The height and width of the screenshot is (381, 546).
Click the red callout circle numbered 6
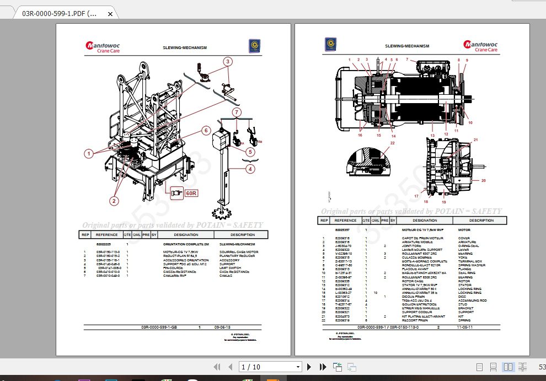point(205,131)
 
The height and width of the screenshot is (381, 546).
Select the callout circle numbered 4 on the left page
point(250,169)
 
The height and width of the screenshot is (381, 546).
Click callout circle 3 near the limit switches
point(227,62)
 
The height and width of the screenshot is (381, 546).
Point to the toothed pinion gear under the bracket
point(222,212)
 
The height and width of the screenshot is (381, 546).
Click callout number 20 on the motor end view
point(484,180)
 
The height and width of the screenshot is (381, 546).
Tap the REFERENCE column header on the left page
point(106,234)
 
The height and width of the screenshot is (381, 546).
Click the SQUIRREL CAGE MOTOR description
point(239,251)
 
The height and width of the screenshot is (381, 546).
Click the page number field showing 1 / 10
point(270,367)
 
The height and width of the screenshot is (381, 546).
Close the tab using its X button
point(110,13)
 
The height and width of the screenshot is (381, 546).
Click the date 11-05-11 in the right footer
point(464,327)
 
